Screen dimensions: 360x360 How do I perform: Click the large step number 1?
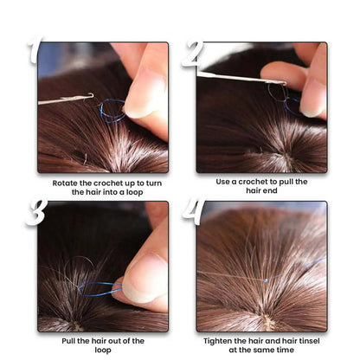click(x=35, y=49)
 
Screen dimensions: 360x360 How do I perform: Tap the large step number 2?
click(x=193, y=54)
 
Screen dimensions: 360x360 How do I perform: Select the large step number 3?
click(x=36, y=213)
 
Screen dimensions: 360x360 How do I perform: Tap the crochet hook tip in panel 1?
click(x=92, y=95)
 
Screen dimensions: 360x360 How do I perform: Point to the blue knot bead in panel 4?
click(x=266, y=280)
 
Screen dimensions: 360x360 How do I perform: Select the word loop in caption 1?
click(x=134, y=192)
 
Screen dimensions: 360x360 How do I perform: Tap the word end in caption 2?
click(x=270, y=190)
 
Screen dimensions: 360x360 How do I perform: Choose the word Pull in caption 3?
click(x=68, y=341)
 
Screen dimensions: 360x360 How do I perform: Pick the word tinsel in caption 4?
click(x=309, y=341)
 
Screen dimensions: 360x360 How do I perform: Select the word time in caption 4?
click(x=285, y=350)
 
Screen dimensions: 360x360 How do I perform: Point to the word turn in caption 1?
click(x=154, y=183)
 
